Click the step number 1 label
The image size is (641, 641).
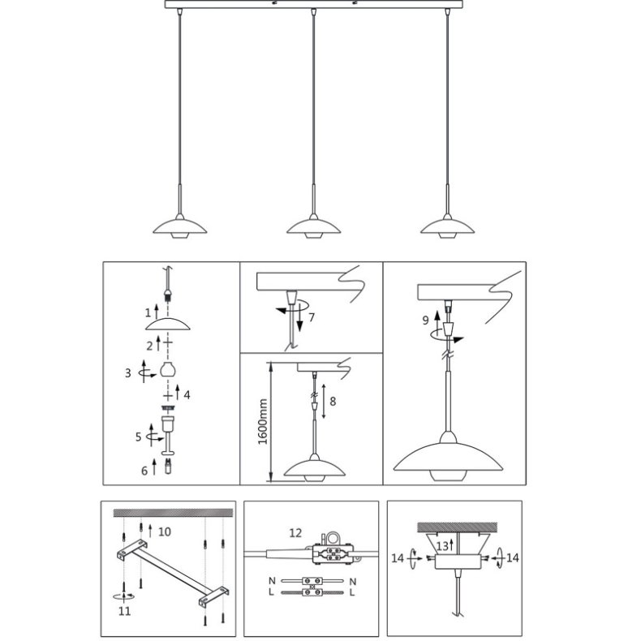[148, 312]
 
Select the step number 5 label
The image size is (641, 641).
[138, 436]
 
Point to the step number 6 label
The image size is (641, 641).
[144, 470]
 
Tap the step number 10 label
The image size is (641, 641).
[165, 531]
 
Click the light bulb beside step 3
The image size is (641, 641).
[168, 370]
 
